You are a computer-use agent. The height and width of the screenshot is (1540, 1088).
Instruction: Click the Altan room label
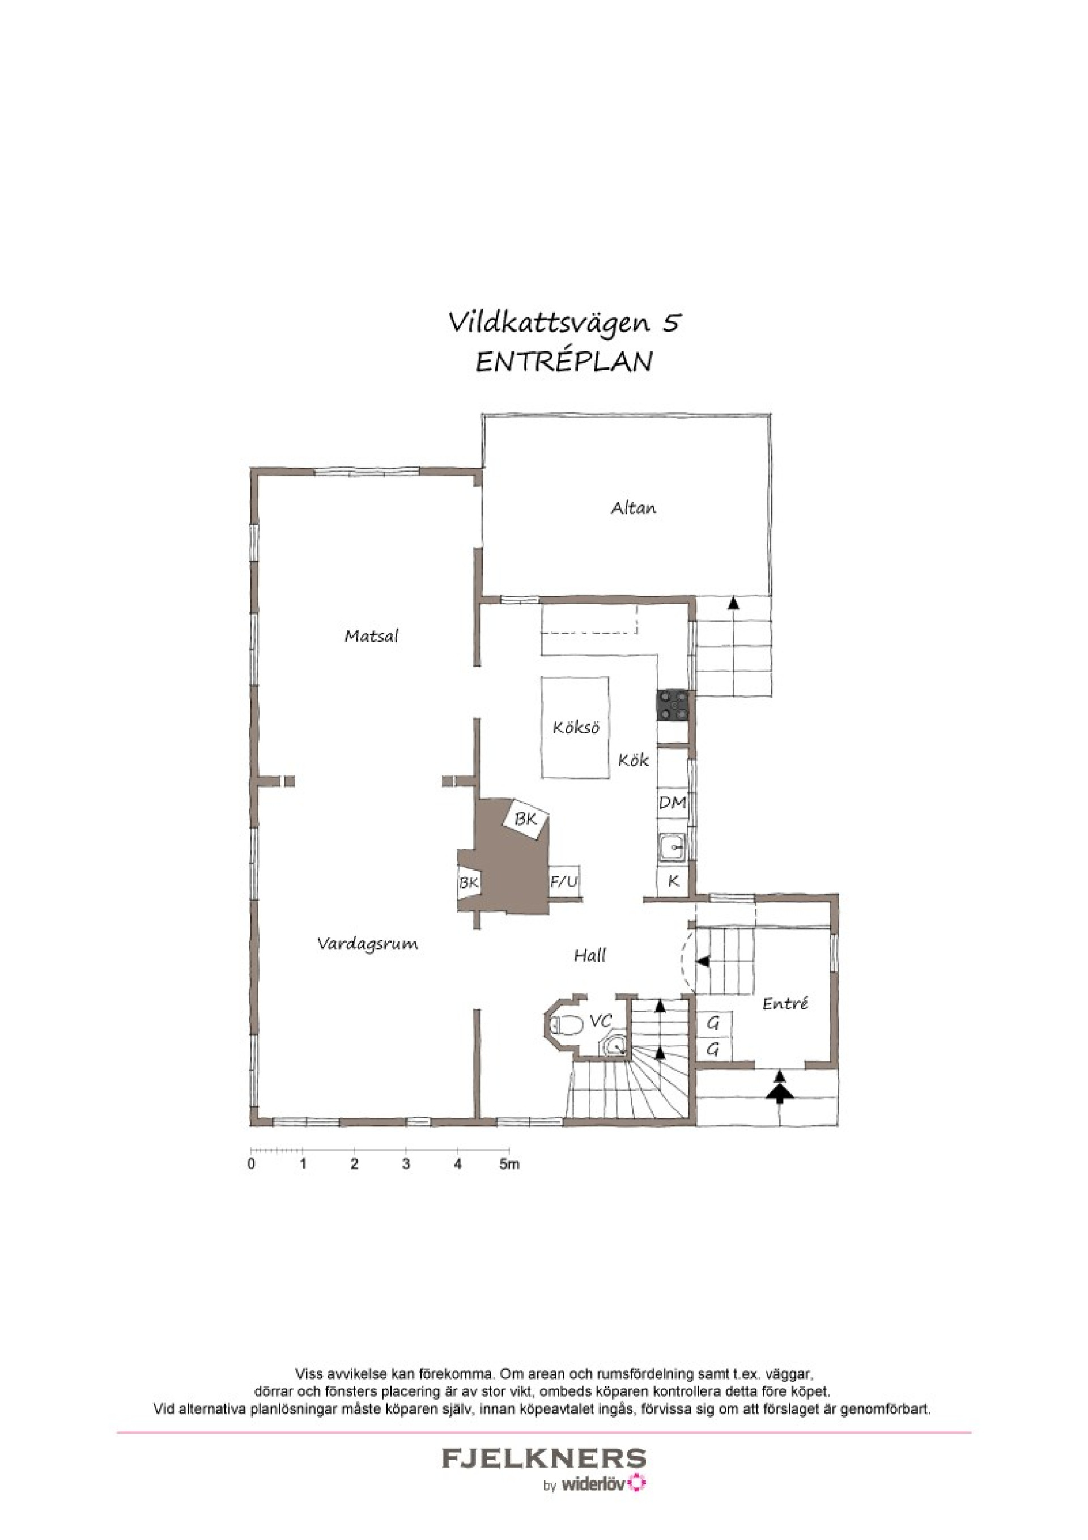pos(632,508)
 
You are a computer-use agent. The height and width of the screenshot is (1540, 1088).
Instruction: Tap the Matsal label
pos(371,636)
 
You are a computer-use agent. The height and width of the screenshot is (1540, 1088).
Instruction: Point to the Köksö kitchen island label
pos(576,728)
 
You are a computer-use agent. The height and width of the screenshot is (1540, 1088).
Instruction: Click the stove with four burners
pos(673,706)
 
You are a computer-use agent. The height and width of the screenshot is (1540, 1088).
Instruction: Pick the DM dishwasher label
pos(672,802)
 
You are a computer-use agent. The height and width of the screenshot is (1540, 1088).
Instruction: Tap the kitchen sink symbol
pos(671,849)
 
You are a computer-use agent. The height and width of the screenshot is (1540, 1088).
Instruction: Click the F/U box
pos(563,882)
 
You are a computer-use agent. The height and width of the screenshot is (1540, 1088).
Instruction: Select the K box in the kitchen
pos(673,882)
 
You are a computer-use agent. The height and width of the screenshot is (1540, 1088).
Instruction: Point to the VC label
pos(600,1021)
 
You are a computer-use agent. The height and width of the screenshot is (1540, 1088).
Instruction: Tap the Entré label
pos(785,1004)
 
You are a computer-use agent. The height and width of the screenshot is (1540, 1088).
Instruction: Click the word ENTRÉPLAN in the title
pos(563,362)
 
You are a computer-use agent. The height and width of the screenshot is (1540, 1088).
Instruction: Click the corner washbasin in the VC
pos(614,1046)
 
